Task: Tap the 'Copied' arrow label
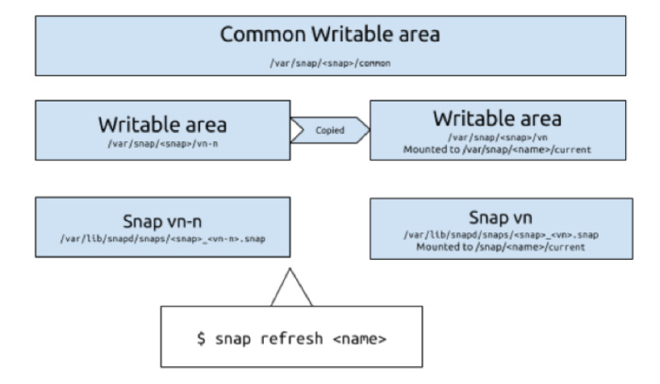point(328,131)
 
